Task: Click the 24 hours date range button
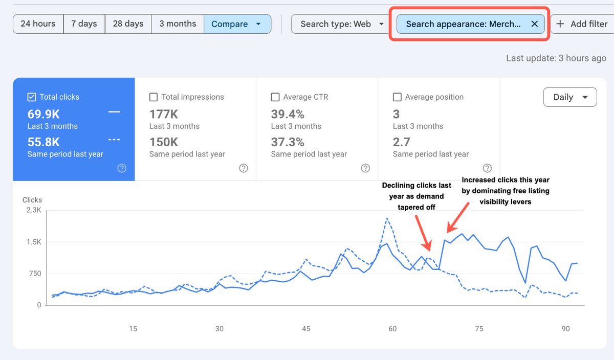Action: [38, 24]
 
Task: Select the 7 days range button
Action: [84, 24]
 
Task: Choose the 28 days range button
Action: [128, 24]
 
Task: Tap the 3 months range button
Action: [178, 24]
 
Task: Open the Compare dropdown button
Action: [237, 24]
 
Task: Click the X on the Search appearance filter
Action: [534, 24]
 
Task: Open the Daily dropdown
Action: [569, 97]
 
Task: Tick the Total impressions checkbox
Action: [153, 97]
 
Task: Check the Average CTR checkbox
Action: [275, 97]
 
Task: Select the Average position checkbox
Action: [397, 97]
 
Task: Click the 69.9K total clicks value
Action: [44, 114]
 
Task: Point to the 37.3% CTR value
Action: [288, 142]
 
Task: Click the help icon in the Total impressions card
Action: [244, 168]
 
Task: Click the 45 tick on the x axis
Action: [306, 329]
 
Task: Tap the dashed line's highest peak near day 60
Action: [387, 218]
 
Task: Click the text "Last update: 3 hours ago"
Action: [556, 58]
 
